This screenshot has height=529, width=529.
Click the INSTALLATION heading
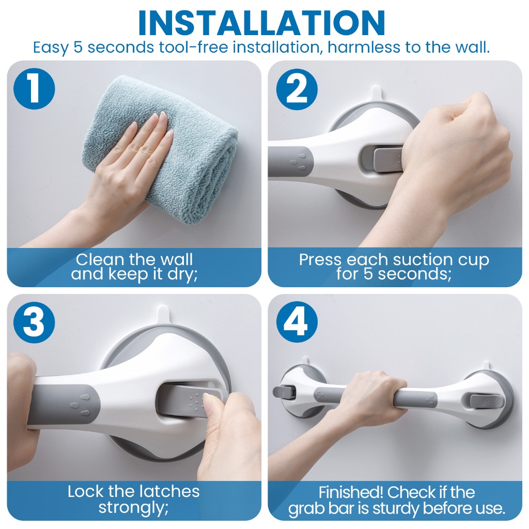click(x=261, y=23)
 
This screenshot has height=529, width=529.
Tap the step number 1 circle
click(x=34, y=89)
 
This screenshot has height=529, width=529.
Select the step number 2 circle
click(x=297, y=89)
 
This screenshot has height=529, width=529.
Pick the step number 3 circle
click(x=34, y=322)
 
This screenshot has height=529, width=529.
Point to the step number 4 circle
click(x=297, y=322)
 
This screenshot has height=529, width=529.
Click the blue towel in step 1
click(x=162, y=148)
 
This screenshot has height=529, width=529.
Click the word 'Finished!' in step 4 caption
click(x=351, y=492)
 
